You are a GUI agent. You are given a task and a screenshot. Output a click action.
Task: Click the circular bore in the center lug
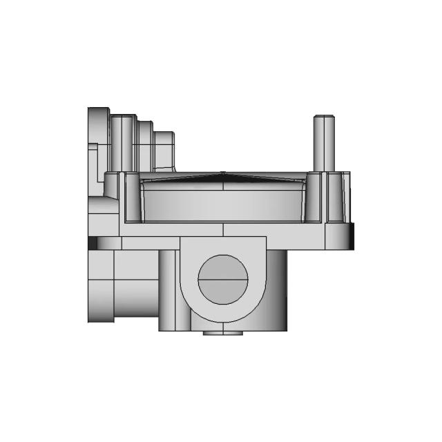point(222,279)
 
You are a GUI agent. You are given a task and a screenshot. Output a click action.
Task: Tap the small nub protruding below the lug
point(222,333)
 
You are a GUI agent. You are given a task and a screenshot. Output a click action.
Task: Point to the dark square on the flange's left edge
point(92,244)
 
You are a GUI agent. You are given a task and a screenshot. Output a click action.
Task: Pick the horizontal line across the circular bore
point(222,280)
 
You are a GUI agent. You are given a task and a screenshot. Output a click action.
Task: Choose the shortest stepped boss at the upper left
point(164,148)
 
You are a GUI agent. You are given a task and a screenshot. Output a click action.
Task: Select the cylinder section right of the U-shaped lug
point(276,290)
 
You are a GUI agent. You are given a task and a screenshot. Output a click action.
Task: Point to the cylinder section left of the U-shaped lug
point(169,290)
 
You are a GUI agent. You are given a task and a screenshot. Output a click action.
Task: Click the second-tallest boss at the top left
point(122,142)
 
